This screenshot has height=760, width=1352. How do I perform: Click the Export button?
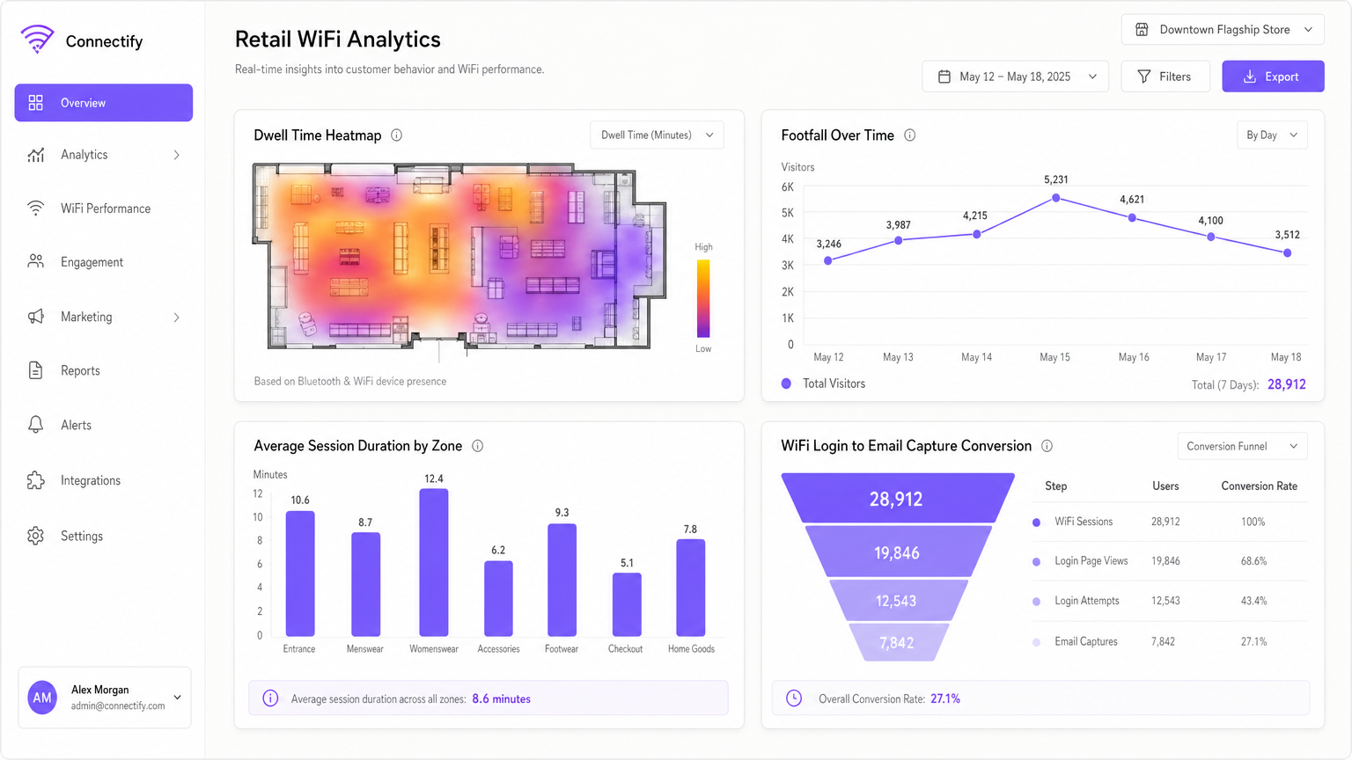(1272, 77)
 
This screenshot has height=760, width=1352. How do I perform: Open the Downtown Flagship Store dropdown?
(1223, 30)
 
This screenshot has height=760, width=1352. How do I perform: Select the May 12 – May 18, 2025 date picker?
(1015, 77)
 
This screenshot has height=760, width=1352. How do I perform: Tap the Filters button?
(1165, 77)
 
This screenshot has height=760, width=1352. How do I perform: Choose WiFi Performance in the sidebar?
(105, 208)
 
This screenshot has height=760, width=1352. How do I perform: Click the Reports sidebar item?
(80, 371)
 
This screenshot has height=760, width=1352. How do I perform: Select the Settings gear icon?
(36, 536)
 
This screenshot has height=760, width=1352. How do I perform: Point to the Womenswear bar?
(434, 563)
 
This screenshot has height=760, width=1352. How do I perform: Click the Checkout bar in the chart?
(627, 604)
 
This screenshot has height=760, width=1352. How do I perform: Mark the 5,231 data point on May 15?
(1055, 198)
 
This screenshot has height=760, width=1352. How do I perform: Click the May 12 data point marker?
(828, 260)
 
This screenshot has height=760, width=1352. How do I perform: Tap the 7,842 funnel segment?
(897, 643)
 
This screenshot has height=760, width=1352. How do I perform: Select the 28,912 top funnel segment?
(897, 499)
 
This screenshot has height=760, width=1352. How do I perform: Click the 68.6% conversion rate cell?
(1253, 561)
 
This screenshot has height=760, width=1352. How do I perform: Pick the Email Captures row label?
(1085, 642)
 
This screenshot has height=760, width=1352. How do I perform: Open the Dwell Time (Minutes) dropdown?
(657, 135)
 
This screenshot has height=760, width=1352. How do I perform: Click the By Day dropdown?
(1271, 135)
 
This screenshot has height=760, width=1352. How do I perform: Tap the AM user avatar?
(42, 698)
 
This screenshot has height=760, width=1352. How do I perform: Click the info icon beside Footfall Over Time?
(910, 135)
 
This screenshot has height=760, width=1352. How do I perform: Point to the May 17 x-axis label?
(1210, 357)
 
